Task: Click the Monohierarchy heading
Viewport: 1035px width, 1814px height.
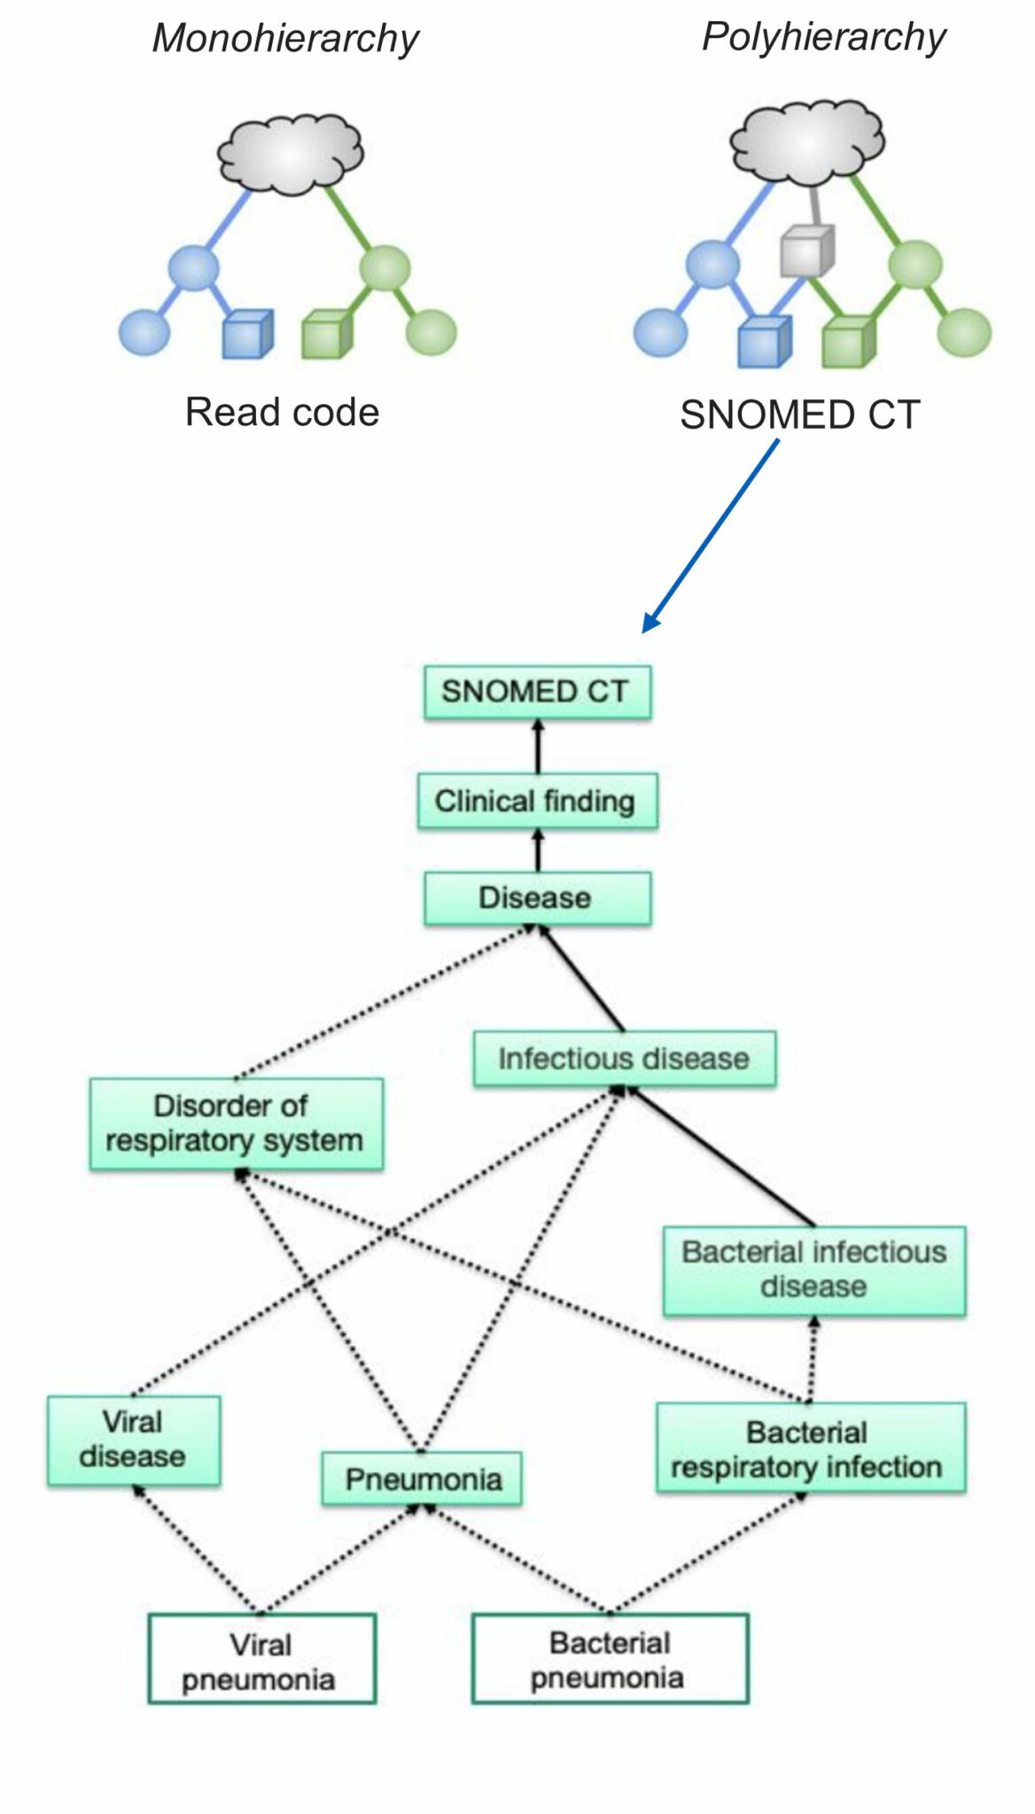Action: tap(285, 38)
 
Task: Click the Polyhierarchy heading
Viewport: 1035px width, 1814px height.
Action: tap(823, 36)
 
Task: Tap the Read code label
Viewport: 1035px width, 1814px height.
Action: tap(282, 412)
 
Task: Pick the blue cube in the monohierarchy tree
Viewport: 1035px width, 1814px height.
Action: tap(246, 333)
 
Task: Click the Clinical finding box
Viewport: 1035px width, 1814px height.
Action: tap(537, 801)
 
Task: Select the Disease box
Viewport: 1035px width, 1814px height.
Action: tap(537, 898)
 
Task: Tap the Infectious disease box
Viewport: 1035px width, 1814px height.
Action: tap(624, 1058)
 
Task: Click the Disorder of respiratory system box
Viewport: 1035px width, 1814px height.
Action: tap(236, 1123)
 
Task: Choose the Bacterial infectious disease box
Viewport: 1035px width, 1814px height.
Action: tap(813, 1269)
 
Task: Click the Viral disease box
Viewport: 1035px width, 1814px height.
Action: tap(133, 1439)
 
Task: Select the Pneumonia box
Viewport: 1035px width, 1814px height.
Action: tap(422, 1478)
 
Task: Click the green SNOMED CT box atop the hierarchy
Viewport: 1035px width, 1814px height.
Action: tap(537, 692)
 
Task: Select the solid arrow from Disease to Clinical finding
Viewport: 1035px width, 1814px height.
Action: tap(537, 850)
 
